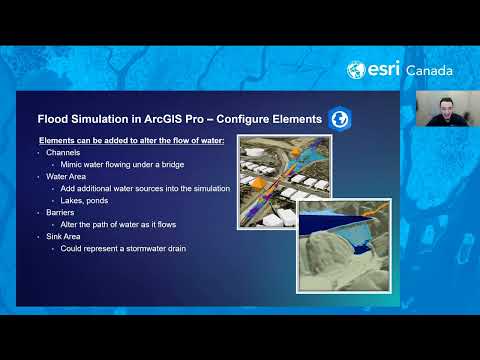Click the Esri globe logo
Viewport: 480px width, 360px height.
click(x=355, y=70)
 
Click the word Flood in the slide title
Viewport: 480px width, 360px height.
click(x=53, y=119)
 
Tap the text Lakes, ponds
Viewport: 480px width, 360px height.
click(x=91, y=200)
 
